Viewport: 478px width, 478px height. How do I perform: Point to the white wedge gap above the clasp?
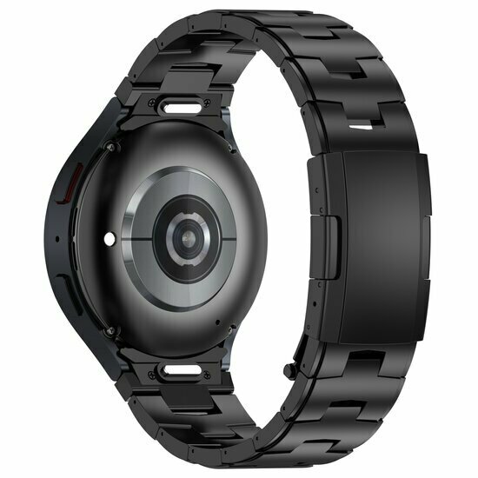[365, 128]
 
